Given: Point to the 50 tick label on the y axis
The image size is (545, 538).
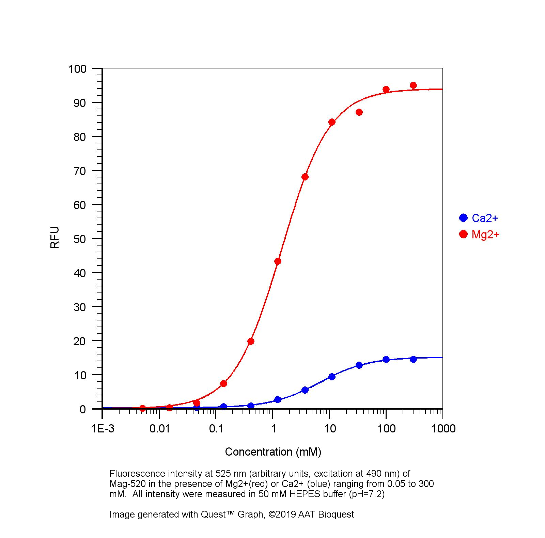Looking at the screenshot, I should (x=80, y=239).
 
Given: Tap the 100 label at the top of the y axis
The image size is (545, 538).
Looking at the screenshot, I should (x=77, y=69).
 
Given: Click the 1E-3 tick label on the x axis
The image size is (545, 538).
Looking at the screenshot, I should (x=103, y=429).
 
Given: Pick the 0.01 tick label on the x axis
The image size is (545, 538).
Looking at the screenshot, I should (x=159, y=429).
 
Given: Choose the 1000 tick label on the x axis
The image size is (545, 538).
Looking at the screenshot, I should (x=443, y=429).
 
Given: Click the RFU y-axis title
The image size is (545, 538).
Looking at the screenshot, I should (x=55, y=237).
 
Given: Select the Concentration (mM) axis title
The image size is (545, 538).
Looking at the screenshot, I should (x=273, y=452).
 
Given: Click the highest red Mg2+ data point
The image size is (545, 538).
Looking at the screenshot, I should (x=413, y=85).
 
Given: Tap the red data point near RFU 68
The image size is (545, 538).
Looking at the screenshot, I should (x=305, y=177).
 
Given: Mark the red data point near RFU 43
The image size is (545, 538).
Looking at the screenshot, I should (x=278, y=262).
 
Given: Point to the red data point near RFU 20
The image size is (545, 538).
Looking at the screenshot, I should (x=251, y=341).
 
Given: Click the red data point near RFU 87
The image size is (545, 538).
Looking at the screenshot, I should (x=359, y=112).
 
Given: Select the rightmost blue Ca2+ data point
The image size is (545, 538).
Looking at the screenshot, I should (x=413, y=359).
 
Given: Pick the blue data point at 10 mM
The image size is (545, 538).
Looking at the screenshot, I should (x=332, y=377).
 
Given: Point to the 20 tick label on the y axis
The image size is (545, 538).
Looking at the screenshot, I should (x=80, y=341).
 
